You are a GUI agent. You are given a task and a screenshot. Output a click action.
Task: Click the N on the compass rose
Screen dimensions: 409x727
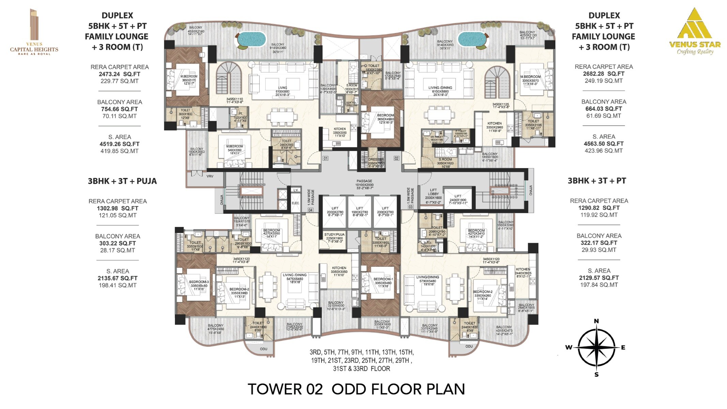coord(596,321)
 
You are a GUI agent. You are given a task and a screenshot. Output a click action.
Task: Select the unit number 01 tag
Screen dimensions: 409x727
coord(325,158)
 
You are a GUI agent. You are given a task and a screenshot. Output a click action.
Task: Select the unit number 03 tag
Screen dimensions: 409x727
coord(410,207)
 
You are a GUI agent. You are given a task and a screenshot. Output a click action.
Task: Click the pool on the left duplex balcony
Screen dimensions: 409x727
coord(251,39)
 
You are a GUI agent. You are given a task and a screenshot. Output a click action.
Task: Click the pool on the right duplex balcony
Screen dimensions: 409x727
coord(471,39)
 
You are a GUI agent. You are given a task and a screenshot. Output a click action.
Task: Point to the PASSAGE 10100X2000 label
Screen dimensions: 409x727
coord(364,184)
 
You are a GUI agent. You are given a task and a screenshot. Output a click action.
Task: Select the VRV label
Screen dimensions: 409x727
coord(210,176)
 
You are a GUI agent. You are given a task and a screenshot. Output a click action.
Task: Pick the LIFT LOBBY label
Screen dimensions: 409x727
coord(433,194)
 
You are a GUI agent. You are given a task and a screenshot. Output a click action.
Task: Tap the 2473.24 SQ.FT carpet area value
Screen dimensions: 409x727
coord(119,74)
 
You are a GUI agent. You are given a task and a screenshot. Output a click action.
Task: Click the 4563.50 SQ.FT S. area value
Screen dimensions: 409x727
coord(603,144)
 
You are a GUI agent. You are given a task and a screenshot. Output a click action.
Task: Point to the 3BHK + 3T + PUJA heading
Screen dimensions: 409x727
coord(122,181)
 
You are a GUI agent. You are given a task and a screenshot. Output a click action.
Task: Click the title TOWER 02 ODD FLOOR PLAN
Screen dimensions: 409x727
coord(356,389)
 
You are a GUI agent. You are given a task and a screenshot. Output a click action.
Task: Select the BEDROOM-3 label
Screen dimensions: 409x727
coord(199,282)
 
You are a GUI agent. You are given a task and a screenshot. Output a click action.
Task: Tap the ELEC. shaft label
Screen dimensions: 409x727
coord(295,203)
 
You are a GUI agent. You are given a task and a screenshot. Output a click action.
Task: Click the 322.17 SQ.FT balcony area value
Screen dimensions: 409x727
coord(599,243)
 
